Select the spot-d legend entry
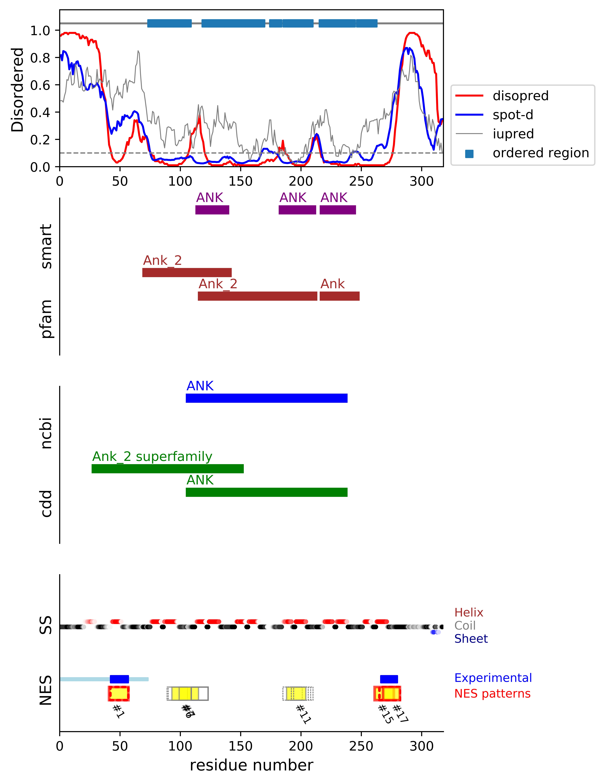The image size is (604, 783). pos(513,115)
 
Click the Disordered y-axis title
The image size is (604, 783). pos(17,90)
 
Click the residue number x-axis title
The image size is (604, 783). pos(251,765)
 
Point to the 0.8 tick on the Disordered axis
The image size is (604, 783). pos(40,58)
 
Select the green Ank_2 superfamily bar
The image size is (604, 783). pos(167,469)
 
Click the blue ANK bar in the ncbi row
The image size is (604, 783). pos(266,398)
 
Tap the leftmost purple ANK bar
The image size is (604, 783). pos(212,210)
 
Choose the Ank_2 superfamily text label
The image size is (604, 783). pos(152,456)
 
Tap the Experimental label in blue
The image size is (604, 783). pos(493,678)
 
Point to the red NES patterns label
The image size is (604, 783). pos(492,694)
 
